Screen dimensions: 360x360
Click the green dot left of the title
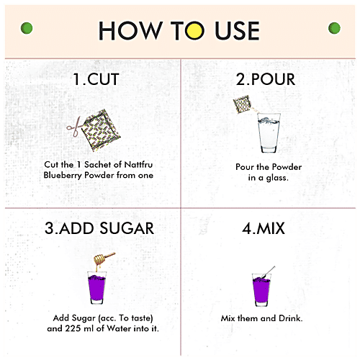pyautogui.click(x=27, y=28)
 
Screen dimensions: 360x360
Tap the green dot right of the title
pyautogui.click(x=334, y=28)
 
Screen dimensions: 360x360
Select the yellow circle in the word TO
pyautogui.click(x=194, y=30)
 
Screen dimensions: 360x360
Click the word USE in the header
pyautogui.click(x=237, y=30)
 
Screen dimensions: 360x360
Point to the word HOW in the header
pyautogui.click(x=130, y=30)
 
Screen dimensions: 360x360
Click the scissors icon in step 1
pyautogui.click(x=74, y=127)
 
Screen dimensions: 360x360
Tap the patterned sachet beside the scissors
pyautogui.click(x=101, y=130)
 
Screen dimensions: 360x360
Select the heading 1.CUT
pyautogui.click(x=96, y=79)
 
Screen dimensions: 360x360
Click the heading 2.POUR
pyautogui.click(x=266, y=79)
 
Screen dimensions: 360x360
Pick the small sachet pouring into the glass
pyautogui.click(x=242, y=104)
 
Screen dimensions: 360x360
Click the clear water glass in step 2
pyautogui.click(x=269, y=132)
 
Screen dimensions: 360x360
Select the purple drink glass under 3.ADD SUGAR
pyautogui.click(x=96, y=288)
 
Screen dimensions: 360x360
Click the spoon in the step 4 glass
pyautogui.click(x=269, y=272)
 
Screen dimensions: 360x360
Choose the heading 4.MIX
pyautogui.click(x=264, y=228)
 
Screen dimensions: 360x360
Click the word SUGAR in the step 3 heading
pyautogui.click(x=127, y=228)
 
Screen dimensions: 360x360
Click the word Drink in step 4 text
pyautogui.click(x=291, y=318)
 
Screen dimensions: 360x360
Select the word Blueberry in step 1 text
pyautogui.click(x=63, y=176)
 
